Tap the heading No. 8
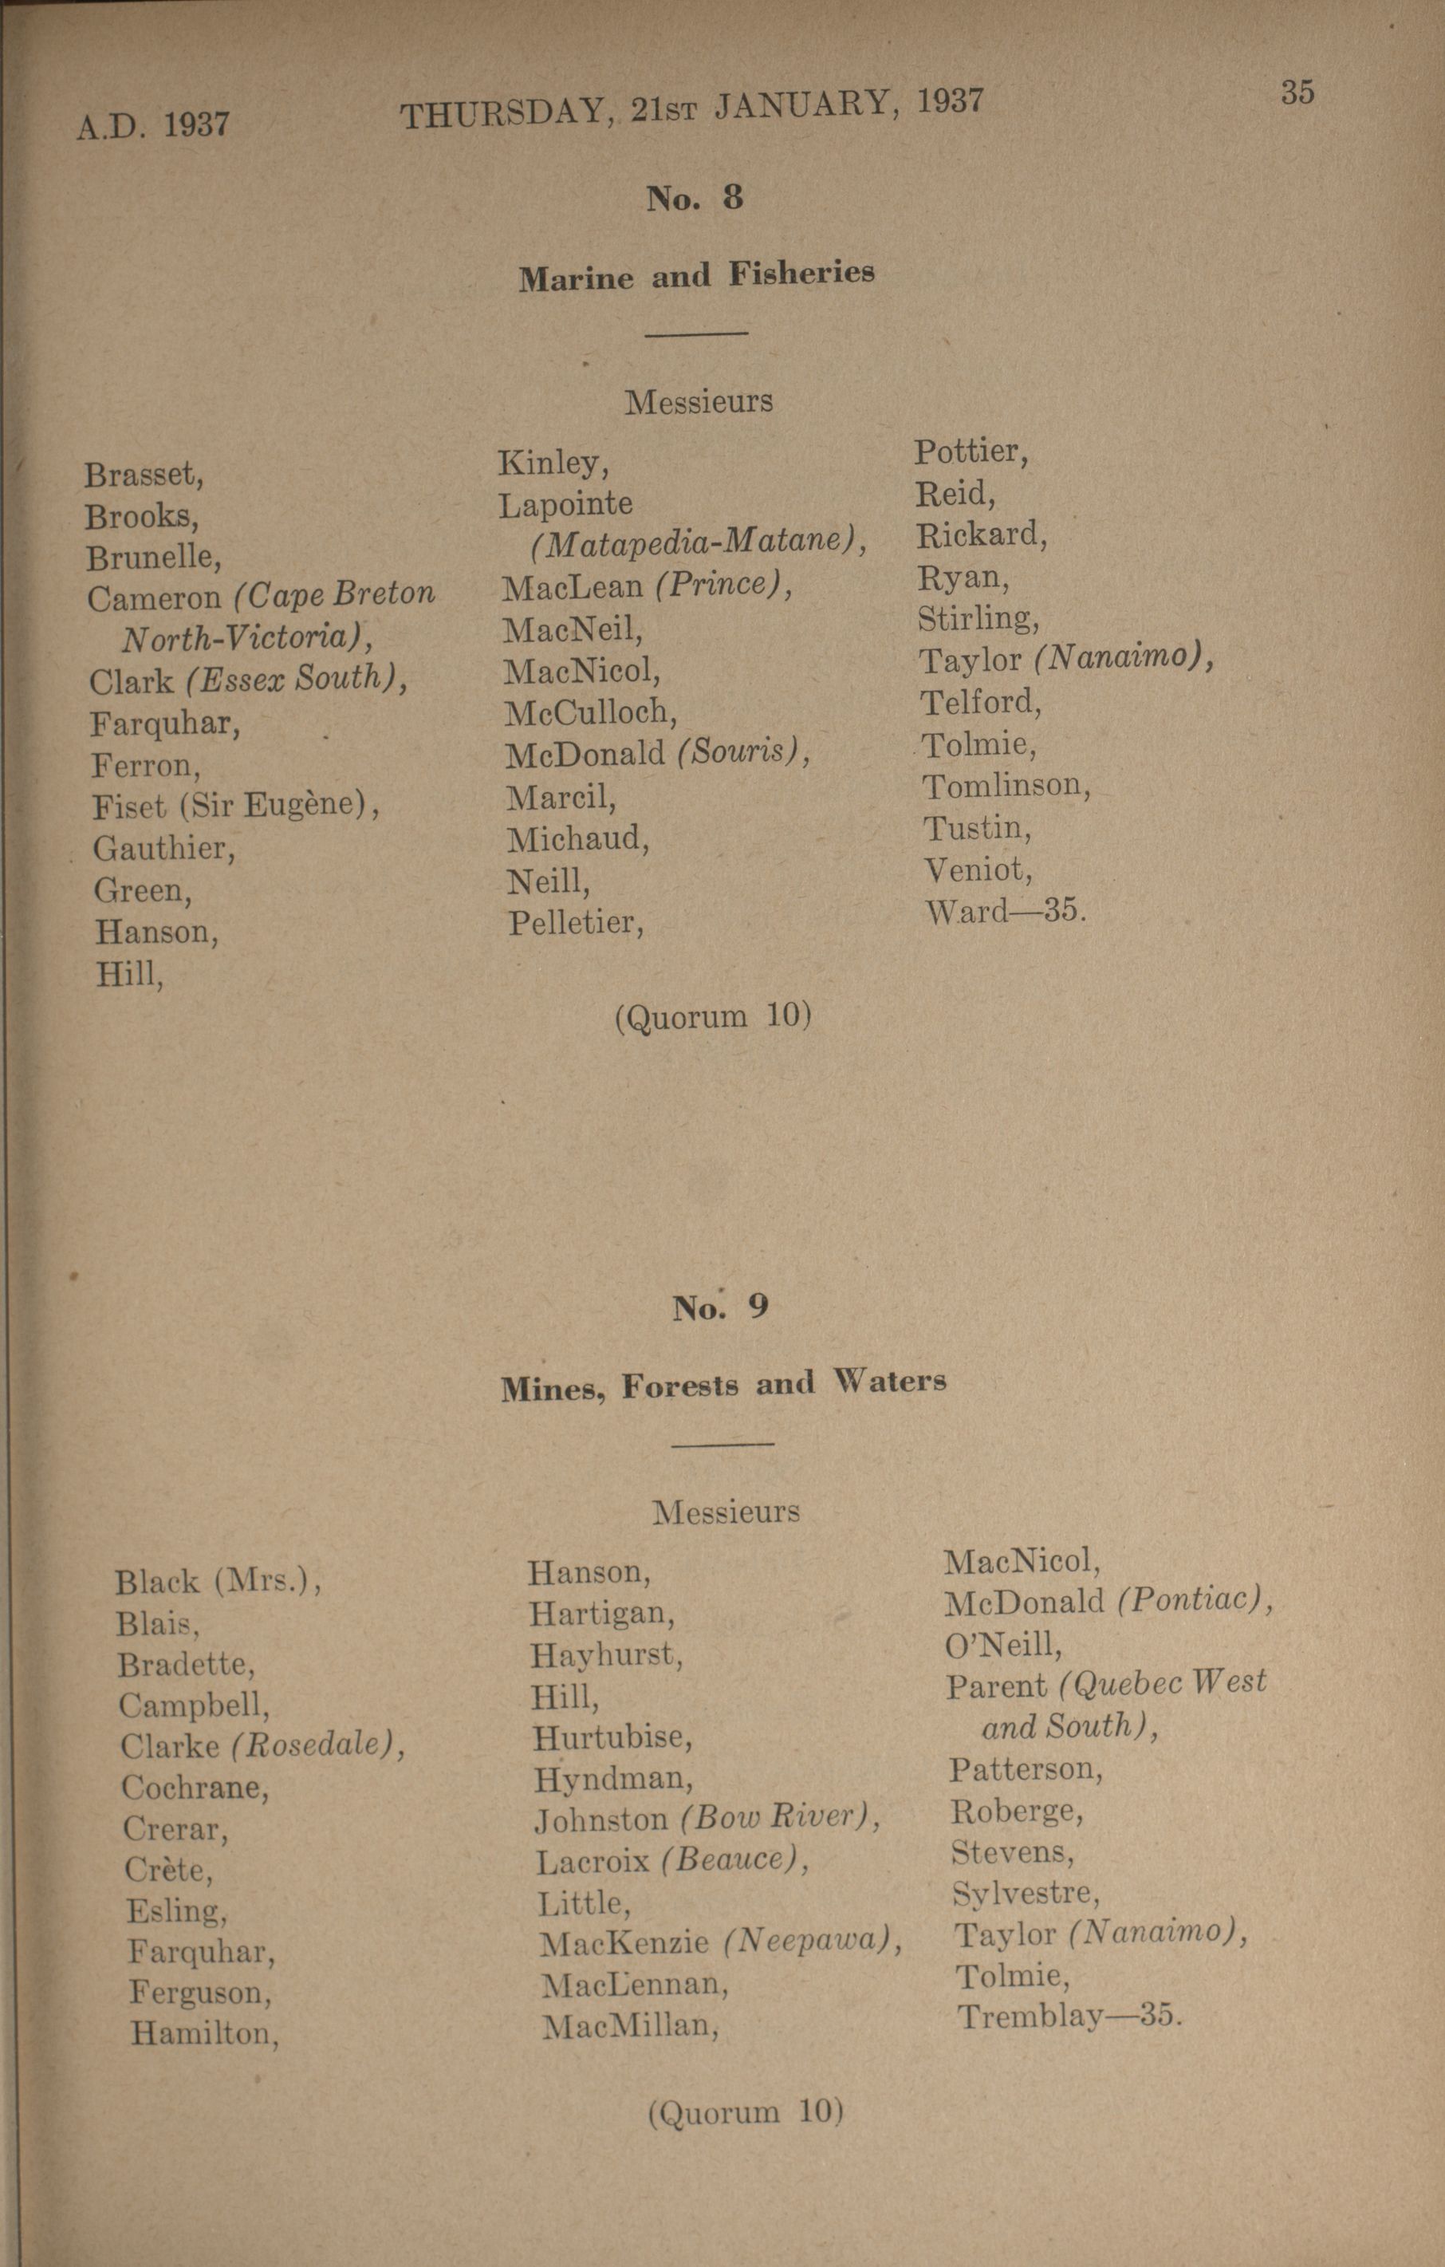695,198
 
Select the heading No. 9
720,1307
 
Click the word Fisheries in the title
801,273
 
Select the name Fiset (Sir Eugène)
235,806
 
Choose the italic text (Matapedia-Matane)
698,542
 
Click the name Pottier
971,453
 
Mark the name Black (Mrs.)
218,1582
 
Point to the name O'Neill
1003,1644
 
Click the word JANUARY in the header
802,106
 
